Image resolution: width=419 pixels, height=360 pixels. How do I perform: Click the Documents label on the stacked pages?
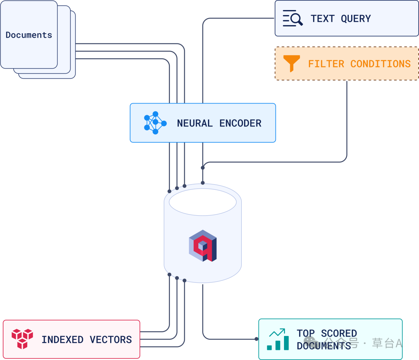click(x=29, y=35)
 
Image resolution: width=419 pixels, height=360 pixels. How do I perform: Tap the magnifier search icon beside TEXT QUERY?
click(x=293, y=19)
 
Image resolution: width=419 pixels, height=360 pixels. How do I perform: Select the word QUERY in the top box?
click(x=356, y=19)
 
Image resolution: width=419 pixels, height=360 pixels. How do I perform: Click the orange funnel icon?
click(x=291, y=63)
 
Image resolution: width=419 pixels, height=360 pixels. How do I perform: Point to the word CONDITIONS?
click(x=380, y=64)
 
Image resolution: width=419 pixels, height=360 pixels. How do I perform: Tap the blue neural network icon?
click(x=155, y=123)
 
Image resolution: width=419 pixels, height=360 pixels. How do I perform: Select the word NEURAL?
click(x=195, y=123)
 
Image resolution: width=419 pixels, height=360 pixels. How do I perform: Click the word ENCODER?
click(x=240, y=123)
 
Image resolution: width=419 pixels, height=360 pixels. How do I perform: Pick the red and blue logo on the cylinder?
click(x=203, y=246)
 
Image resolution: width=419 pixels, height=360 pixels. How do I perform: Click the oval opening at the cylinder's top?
click(x=203, y=202)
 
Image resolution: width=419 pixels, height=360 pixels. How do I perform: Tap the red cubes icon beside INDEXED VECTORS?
click(x=22, y=339)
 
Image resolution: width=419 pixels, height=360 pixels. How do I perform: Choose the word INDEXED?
click(x=62, y=340)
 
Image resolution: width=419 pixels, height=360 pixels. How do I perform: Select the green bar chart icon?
click(x=278, y=339)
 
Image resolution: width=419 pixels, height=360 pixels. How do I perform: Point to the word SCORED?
click(x=339, y=334)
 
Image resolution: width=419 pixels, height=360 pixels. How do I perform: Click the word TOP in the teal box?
click(x=306, y=334)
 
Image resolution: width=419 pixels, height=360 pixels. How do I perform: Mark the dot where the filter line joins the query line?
click(x=203, y=168)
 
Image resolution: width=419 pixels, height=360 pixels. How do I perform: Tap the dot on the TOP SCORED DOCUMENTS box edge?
click(x=256, y=339)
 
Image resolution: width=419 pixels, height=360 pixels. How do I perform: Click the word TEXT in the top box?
click(x=322, y=19)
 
